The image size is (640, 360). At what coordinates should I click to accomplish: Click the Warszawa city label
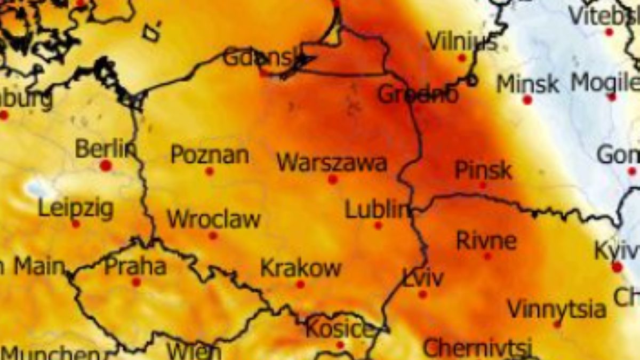[x=332, y=162]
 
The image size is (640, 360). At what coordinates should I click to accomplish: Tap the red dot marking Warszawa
[x=333, y=180]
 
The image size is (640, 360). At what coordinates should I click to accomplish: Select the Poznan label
[x=210, y=155]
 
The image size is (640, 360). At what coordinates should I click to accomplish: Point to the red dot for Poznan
[x=210, y=172]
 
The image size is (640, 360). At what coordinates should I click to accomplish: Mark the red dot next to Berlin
[x=106, y=165]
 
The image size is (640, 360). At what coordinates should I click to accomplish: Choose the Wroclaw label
[x=213, y=219]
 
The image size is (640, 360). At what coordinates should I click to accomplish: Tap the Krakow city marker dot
[x=300, y=284]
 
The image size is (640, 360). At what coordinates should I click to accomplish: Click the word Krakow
[x=300, y=268]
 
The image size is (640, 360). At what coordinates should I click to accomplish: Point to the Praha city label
[x=135, y=266]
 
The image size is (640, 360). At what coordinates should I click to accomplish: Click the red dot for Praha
[x=136, y=282]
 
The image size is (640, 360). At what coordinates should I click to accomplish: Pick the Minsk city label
[x=527, y=84]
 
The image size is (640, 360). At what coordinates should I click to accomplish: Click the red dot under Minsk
[x=527, y=100]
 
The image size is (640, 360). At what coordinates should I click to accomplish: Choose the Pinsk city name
[x=483, y=171]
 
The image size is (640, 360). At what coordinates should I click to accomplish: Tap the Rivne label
[x=486, y=241]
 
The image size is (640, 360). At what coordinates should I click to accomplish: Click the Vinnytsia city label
[x=556, y=309]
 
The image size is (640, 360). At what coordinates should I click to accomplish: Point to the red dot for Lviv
[x=423, y=294]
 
